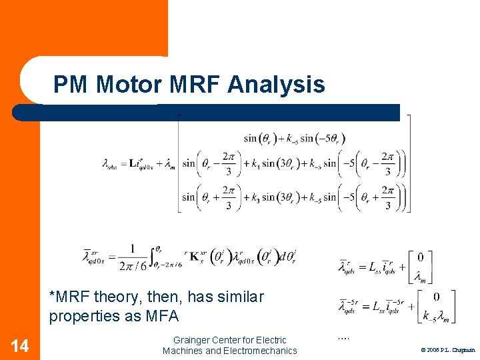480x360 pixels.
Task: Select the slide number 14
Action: click(20, 345)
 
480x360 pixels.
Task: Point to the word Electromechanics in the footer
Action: click(261, 351)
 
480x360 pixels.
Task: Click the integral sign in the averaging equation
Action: click(154, 255)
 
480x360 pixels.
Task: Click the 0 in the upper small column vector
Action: click(419, 257)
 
